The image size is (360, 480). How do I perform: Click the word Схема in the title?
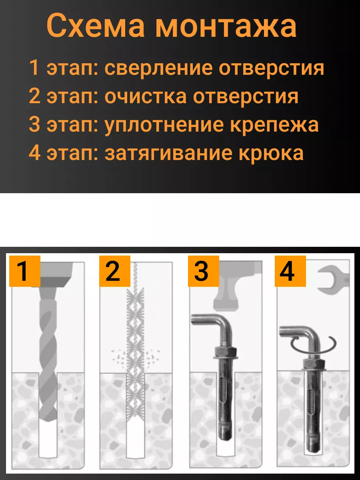96,26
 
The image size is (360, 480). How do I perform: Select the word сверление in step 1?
158,68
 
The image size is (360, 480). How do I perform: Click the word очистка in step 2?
145,96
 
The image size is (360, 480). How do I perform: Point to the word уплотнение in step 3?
164,125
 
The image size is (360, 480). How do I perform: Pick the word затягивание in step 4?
168,153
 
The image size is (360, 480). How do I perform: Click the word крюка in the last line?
271,153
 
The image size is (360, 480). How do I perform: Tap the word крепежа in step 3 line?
274,125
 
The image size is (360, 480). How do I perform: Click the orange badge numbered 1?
25,271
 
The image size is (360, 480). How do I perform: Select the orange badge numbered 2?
115,271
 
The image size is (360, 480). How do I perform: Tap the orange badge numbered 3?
204,271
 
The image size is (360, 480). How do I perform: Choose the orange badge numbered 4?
290,271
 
